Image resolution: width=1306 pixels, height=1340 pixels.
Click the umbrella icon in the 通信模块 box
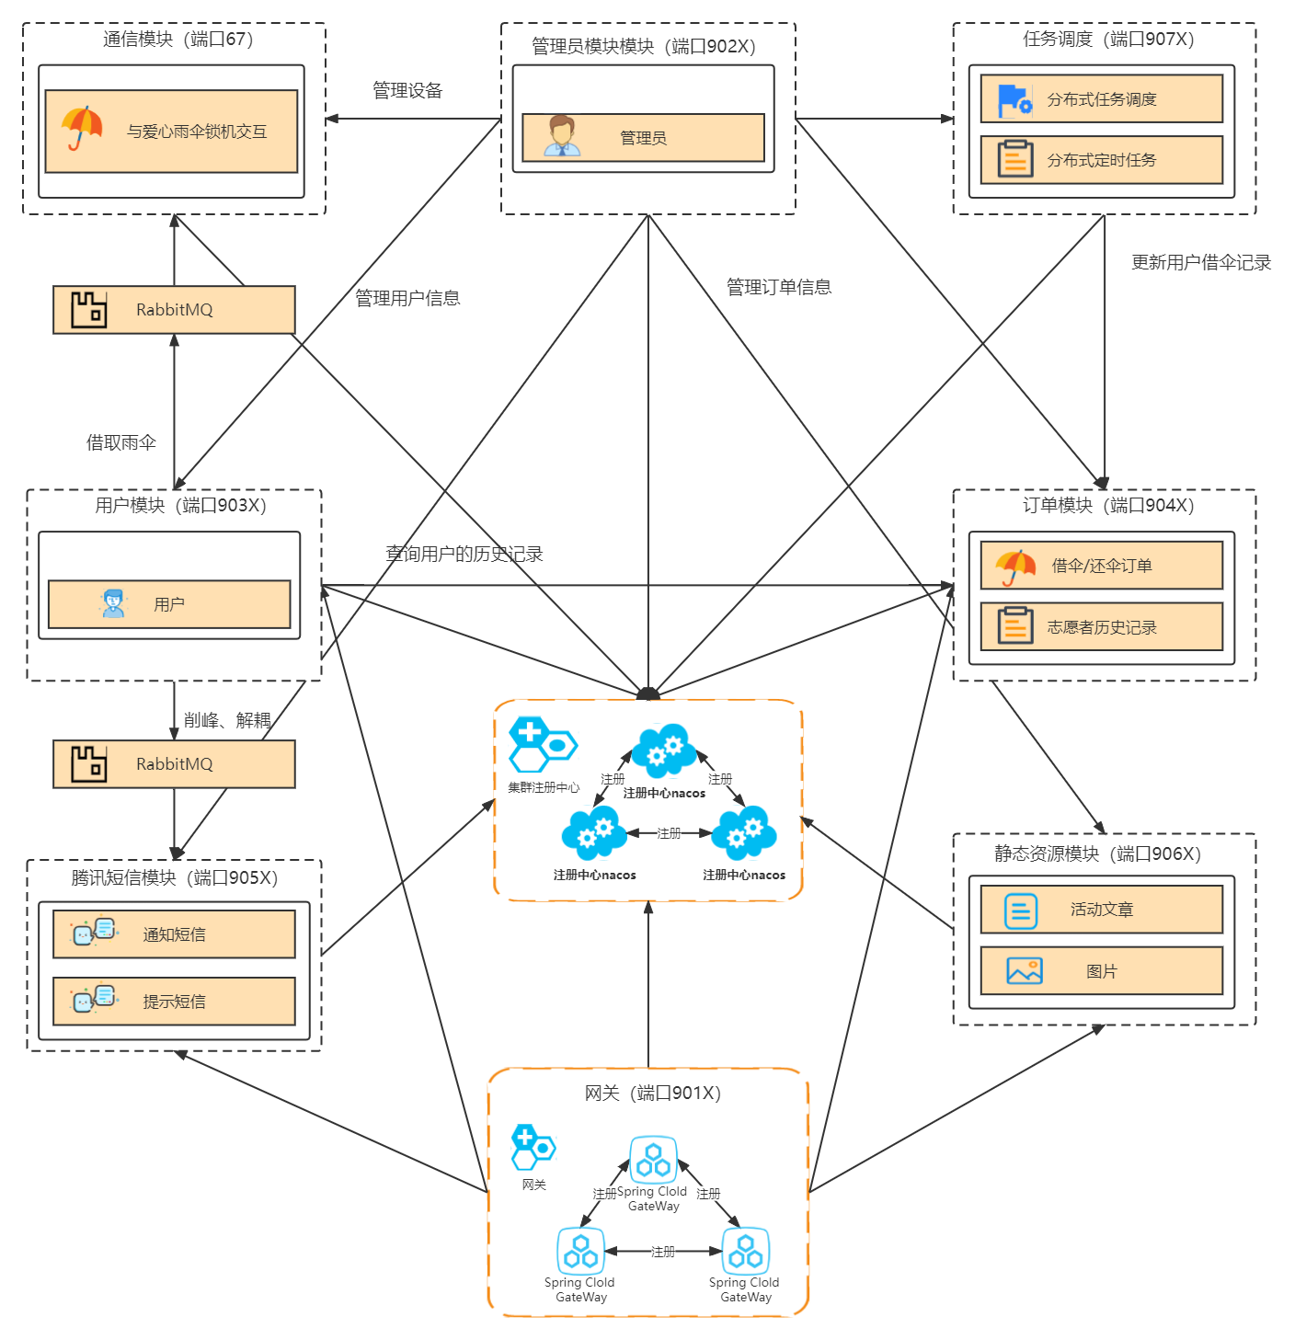point(82,128)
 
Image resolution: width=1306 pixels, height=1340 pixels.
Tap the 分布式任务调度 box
point(1101,98)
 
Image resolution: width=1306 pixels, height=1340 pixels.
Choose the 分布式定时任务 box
point(1101,160)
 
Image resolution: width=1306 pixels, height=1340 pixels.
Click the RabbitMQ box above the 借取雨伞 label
point(174,310)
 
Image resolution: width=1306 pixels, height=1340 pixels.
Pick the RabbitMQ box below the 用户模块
point(174,764)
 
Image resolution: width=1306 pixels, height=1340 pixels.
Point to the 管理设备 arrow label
point(407,90)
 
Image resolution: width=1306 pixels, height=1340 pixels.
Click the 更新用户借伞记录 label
point(1200,263)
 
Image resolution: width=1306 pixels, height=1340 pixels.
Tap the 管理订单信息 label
point(778,287)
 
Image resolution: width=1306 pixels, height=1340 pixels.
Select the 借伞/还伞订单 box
point(1101,566)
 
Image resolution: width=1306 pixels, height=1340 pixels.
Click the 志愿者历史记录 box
point(1101,627)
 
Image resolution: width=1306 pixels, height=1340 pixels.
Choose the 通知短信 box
point(174,934)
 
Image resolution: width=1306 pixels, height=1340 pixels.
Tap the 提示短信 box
point(174,1002)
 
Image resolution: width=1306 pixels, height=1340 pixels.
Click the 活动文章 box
point(1101,910)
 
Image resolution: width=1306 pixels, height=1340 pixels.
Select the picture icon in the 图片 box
point(1024,971)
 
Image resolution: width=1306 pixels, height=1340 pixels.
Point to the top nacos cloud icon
point(664,750)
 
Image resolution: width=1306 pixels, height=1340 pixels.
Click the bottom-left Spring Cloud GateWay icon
point(581,1251)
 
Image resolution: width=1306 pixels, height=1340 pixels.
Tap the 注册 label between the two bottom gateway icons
point(663,1251)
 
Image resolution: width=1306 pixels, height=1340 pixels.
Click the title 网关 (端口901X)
point(652,1093)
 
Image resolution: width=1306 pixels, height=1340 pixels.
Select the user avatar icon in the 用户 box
point(113,603)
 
